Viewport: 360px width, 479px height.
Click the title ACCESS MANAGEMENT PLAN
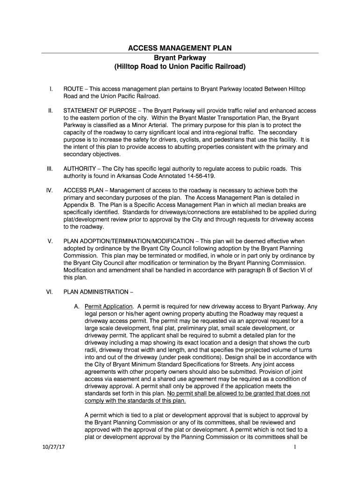click(180, 48)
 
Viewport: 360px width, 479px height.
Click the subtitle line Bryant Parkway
click(180, 58)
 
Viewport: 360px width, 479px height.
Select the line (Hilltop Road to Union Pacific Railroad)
click(180, 67)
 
